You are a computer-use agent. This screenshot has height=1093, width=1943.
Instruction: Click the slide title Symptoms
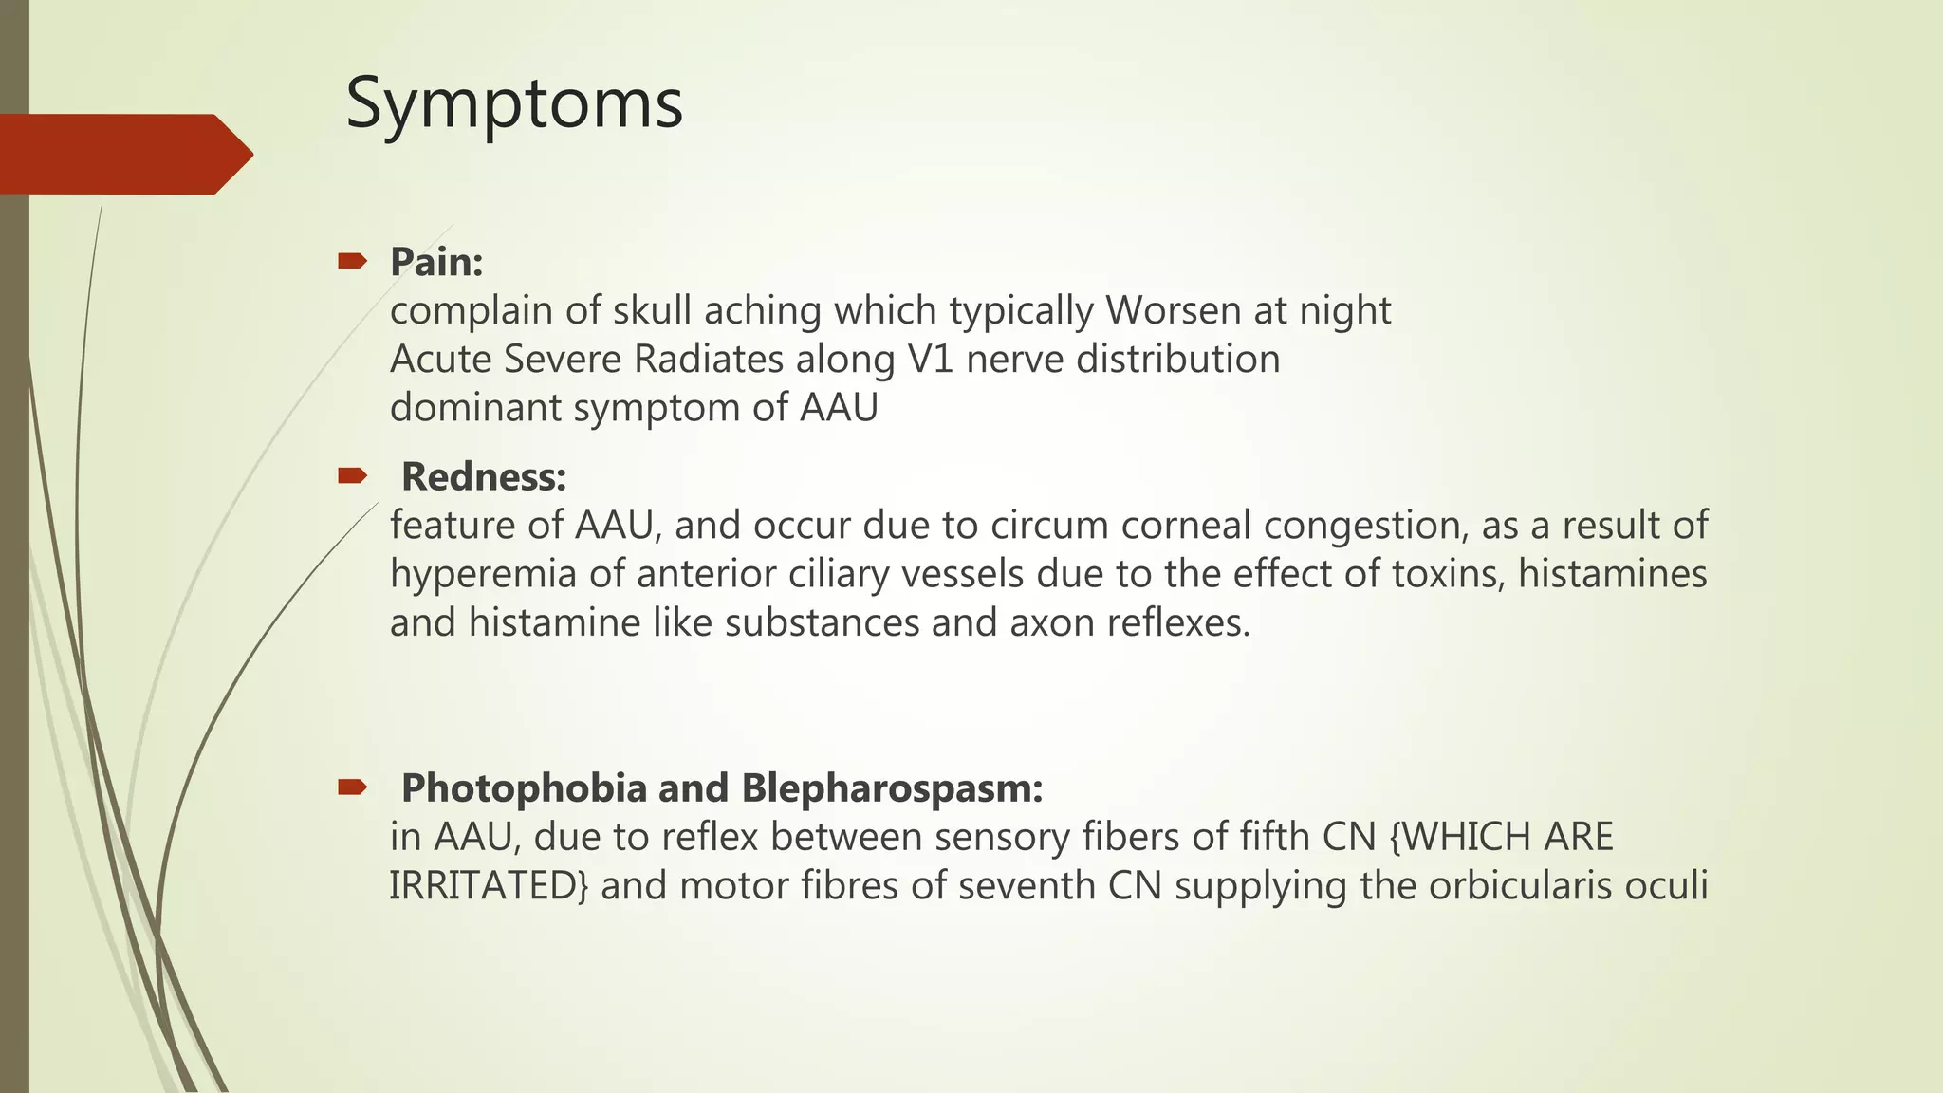click(513, 103)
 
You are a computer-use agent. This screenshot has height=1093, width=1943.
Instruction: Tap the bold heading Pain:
click(436, 262)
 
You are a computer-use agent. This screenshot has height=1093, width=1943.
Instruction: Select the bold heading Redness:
click(484, 476)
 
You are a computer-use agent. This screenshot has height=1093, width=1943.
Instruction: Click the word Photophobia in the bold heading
click(525, 787)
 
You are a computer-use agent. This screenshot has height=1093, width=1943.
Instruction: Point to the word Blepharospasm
click(892, 787)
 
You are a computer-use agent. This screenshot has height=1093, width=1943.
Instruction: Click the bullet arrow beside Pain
click(352, 261)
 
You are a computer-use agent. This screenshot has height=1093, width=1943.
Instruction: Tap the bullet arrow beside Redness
click(352, 475)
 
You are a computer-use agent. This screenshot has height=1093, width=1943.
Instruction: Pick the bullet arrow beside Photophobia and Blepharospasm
click(352, 787)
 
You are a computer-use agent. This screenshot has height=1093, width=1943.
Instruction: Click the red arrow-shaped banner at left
click(123, 154)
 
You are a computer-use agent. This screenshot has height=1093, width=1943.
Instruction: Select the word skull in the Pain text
click(652, 310)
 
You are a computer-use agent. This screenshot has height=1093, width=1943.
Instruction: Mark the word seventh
click(1027, 885)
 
